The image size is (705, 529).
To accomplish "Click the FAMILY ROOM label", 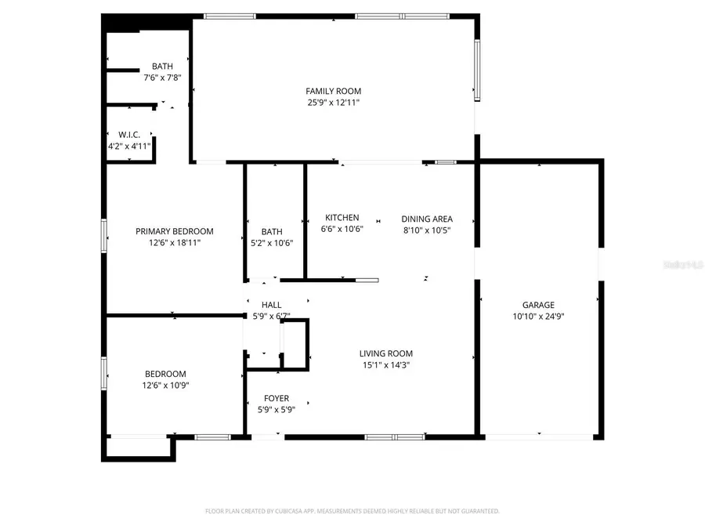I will [x=333, y=91].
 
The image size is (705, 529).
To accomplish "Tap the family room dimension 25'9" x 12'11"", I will [x=333, y=102].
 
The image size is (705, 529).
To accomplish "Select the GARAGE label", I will [x=538, y=305].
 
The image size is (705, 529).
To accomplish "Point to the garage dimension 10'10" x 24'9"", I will [x=538, y=317].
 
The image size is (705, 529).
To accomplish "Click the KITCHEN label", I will [x=342, y=218].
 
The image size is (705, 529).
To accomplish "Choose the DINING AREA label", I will [x=427, y=219].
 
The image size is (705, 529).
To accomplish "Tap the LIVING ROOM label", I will [x=385, y=353].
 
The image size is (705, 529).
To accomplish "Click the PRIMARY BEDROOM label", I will [x=174, y=231].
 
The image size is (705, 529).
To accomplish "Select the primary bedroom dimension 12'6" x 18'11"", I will [x=174, y=243].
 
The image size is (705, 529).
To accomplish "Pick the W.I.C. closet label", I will [x=129, y=135].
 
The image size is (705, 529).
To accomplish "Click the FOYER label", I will [x=277, y=398].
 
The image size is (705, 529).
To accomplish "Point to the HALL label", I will [x=272, y=305].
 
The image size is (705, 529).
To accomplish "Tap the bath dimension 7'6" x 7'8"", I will [x=162, y=78].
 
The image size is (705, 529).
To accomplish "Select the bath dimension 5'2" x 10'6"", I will [x=272, y=243].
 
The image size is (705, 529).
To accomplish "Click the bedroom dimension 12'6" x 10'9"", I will [x=165, y=385].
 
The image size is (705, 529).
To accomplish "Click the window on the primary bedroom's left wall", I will [x=103, y=235].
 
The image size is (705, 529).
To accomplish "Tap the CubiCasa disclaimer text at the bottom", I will [x=352, y=511].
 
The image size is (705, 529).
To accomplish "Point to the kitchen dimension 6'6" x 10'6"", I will [x=342, y=230].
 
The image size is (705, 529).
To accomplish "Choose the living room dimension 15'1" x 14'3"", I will [x=385, y=364].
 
